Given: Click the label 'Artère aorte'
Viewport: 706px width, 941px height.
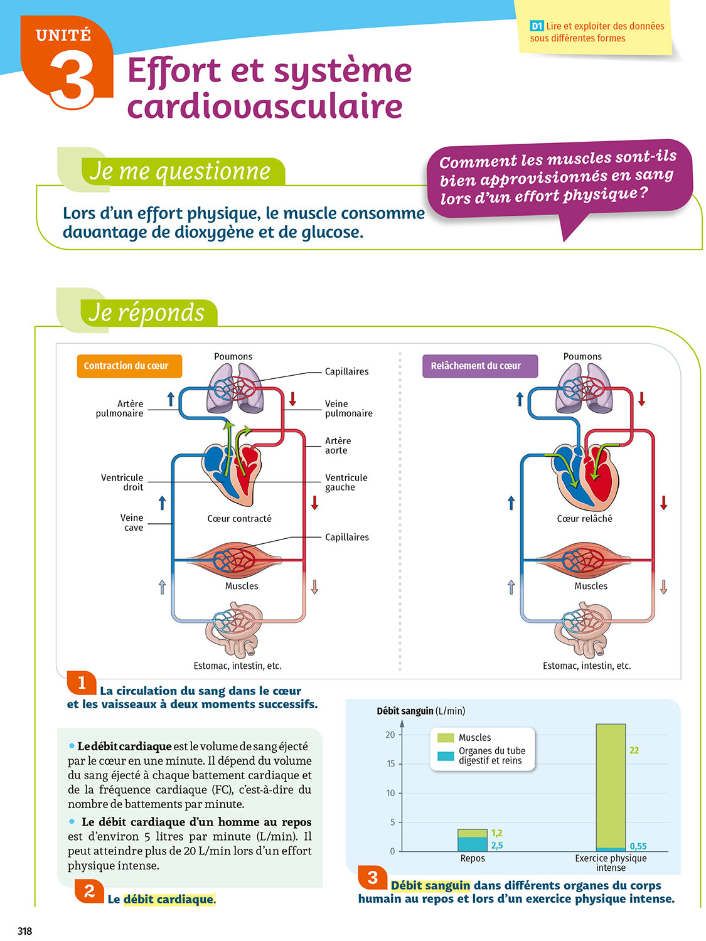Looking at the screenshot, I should coord(338,445).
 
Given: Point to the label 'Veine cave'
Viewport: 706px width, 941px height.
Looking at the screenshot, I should coord(132,523).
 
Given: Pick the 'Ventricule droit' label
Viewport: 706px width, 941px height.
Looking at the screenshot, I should coord(122,482).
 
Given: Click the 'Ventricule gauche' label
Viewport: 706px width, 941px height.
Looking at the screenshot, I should coord(346,482).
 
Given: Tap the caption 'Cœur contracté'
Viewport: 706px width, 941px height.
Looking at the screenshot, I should coord(239,519).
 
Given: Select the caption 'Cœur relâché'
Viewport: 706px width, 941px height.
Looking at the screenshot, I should coord(584,519).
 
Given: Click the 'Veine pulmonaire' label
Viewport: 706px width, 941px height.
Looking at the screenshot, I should coord(348,408).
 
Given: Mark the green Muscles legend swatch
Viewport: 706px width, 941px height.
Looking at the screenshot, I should coord(446,738).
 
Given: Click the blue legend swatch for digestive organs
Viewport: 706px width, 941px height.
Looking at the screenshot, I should coord(446,756).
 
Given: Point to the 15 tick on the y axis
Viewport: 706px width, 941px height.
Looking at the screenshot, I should coord(390,764).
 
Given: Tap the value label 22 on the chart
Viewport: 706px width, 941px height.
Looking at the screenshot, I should coord(634,750).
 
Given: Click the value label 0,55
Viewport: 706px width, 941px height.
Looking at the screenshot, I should coord(638,846).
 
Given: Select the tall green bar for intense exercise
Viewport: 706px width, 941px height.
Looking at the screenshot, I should coord(611,784).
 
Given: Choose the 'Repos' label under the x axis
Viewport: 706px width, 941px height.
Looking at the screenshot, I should coord(473,858).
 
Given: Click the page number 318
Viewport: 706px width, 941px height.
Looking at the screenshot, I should coord(24,931).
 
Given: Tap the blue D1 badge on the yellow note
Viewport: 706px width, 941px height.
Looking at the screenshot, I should coord(537,26).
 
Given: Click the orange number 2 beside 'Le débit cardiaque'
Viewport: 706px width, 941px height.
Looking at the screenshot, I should coord(89,891).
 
